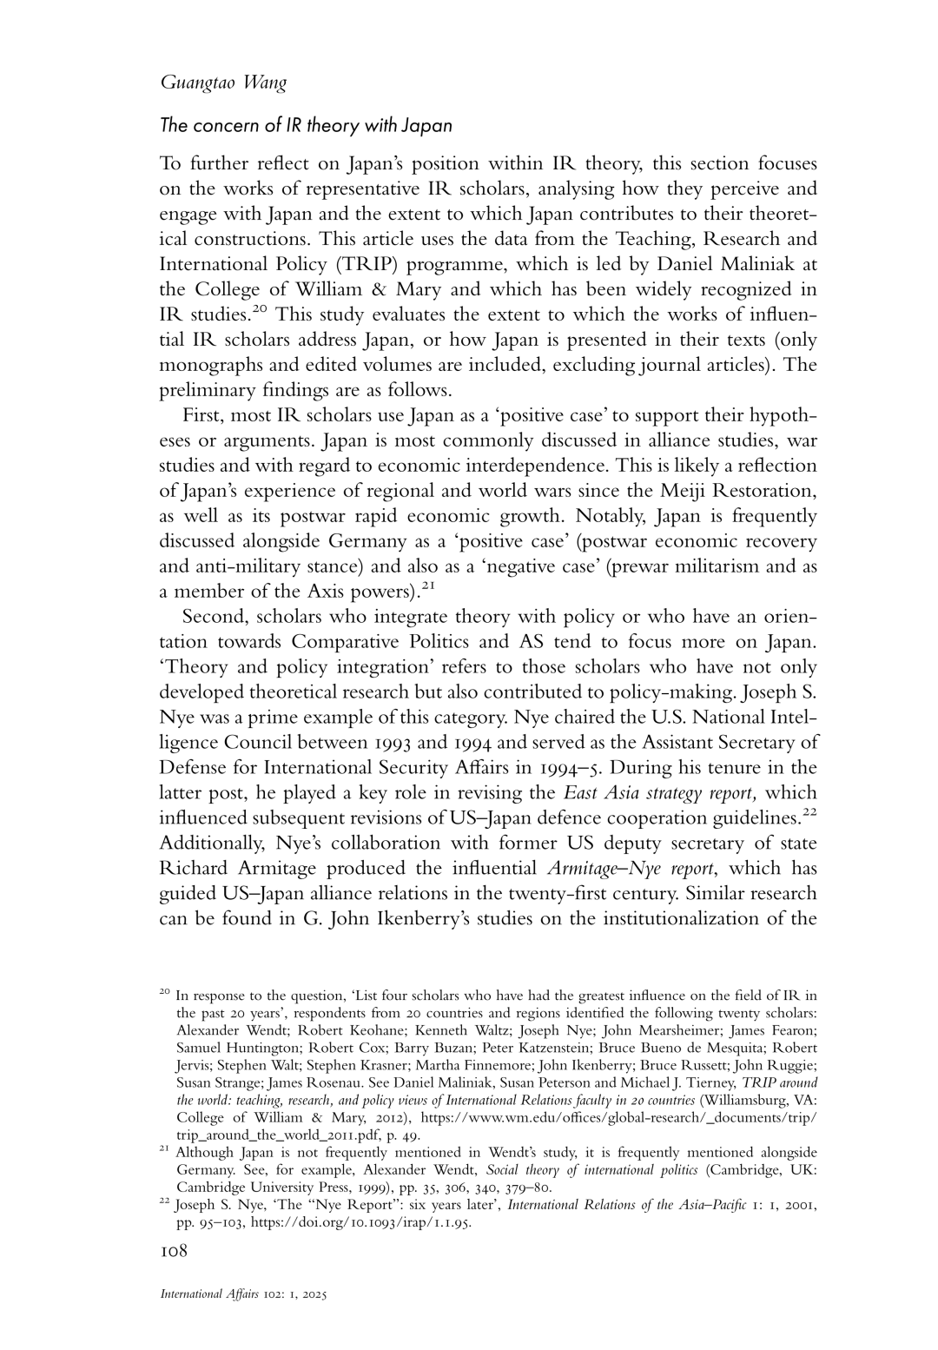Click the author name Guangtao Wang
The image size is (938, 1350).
[x=223, y=83]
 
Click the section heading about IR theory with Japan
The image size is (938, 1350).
[x=306, y=125]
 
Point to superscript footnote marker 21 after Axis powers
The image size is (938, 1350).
[x=427, y=587]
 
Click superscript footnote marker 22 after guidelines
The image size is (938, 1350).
[x=809, y=813]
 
